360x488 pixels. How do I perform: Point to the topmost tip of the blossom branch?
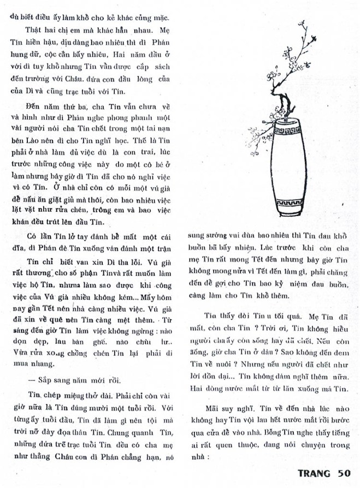point(302,21)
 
